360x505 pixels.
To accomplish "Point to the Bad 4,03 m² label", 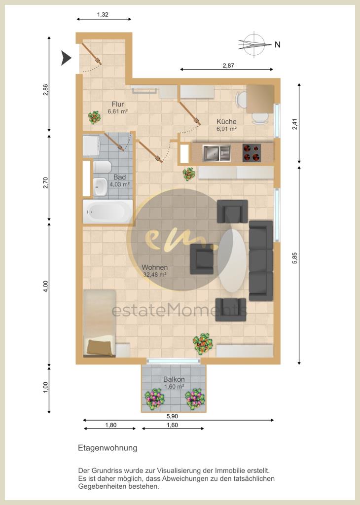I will click(x=119, y=180).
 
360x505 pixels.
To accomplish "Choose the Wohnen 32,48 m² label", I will click(x=154, y=271).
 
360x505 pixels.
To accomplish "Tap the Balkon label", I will click(x=174, y=382).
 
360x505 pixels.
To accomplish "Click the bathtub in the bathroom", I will click(x=108, y=212).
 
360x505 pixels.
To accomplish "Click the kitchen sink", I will click(x=217, y=153).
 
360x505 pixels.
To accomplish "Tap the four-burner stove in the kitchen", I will click(x=252, y=153).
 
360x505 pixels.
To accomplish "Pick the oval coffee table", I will click(x=232, y=260).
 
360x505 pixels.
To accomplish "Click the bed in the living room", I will click(x=100, y=323).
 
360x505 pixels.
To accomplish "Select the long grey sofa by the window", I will click(x=261, y=260).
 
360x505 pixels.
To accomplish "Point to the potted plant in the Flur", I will click(x=93, y=117).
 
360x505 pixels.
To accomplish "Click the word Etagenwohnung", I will click(x=107, y=448).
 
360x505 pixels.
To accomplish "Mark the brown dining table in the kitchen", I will click(x=259, y=99).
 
